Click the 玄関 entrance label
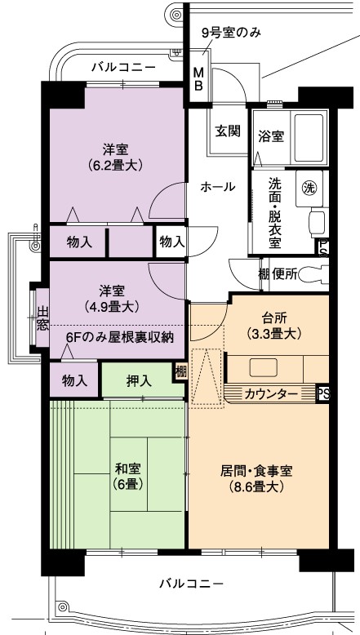228,131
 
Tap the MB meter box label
198,79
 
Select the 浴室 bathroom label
271,136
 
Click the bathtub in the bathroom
309,138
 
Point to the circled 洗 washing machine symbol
309,188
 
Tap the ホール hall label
217,187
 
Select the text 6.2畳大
116,165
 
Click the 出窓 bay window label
42,318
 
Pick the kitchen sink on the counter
263,368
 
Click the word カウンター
272,393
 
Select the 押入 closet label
140,381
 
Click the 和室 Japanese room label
128,469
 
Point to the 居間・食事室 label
256,472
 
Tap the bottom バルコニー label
191,584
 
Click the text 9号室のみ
231,33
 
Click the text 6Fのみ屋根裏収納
120,337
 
